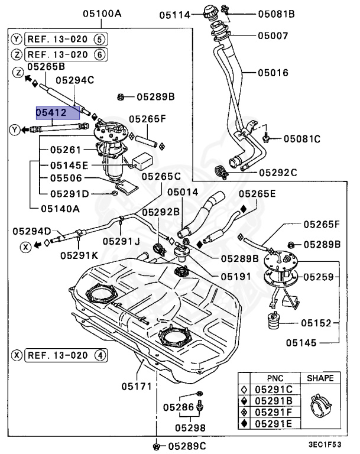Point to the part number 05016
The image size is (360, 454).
point(273,74)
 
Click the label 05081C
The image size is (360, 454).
point(301,139)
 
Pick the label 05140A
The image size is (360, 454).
point(60,208)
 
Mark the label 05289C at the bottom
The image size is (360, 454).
point(186,446)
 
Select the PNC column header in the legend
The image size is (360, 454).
point(270,378)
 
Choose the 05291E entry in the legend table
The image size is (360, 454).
point(273,423)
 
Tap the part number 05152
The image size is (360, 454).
point(318,323)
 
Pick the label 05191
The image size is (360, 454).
point(220,276)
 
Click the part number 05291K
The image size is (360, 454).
point(79,255)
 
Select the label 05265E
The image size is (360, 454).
point(257,193)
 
